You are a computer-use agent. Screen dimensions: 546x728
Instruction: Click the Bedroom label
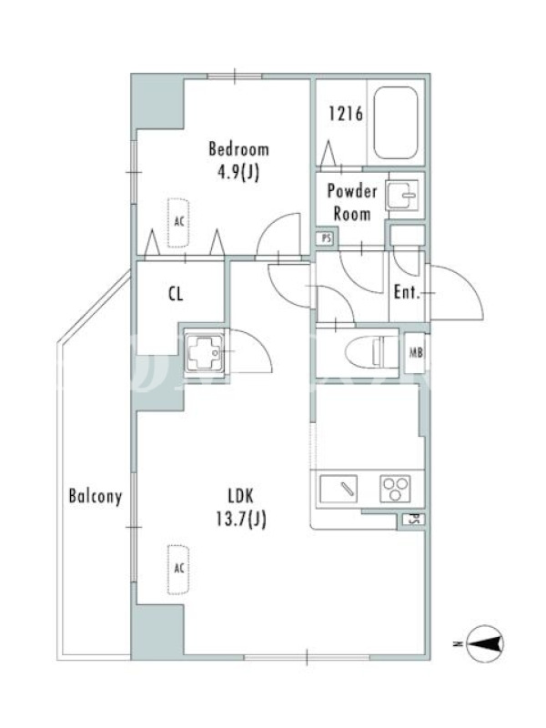pyautogui.click(x=238, y=149)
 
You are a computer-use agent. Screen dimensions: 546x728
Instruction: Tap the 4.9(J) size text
pyautogui.click(x=238, y=173)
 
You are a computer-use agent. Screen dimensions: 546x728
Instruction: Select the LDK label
pyautogui.click(x=241, y=496)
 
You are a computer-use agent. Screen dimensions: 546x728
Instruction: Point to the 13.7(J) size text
pyautogui.click(x=241, y=519)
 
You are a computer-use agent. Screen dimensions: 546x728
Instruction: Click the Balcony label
pyautogui.click(x=96, y=496)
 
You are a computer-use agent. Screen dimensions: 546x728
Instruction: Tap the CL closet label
pyautogui.click(x=176, y=294)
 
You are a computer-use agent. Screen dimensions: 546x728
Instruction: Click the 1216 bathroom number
pyautogui.click(x=346, y=114)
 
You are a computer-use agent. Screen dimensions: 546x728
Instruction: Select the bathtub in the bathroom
pyautogui.click(x=396, y=123)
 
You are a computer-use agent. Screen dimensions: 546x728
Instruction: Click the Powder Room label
pyautogui.click(x=352, y=202)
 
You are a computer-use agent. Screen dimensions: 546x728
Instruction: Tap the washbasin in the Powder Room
pyautogui.click(x=403, y=196)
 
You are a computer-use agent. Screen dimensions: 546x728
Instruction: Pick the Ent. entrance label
pyautogui.click(x=407, y=292)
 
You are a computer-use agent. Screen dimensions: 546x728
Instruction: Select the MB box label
pyautogui.click(x=416, y=353)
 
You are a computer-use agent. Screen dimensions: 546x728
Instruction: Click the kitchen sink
pyautogui.click(x=339, y=489)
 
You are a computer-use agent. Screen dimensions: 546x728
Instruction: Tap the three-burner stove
pyautogui.click(x=395, y=489)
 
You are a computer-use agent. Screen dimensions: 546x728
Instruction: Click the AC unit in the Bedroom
pyautogui.click(x=178, y=222)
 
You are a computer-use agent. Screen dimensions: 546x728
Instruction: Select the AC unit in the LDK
pyautogui.click(x=178, y=569)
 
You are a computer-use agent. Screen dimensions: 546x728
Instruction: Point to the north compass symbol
pyautogui.click(x=484, y=643)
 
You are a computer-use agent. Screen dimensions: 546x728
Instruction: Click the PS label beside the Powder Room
pyautogui.click(x=327, y=238)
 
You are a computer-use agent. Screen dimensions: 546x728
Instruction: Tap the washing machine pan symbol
pyautogui.click(x=204, y=353)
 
